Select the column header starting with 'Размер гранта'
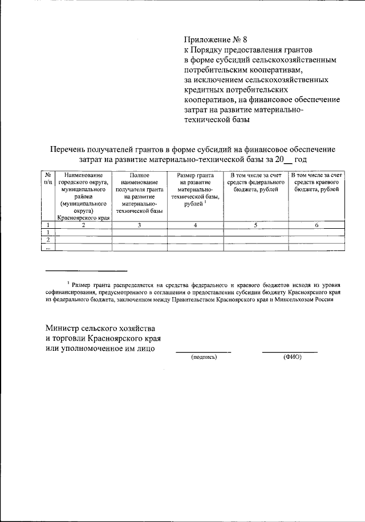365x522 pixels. pos(195,189)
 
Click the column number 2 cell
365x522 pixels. pos(84,225)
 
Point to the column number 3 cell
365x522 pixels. pos(139,225)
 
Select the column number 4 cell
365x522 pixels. pos(195,225)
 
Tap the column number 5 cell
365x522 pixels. pos(255,225)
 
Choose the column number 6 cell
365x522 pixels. pos(317,225)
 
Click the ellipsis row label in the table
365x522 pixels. pos(48,247)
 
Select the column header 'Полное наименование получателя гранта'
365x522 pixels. pos(139,192)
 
